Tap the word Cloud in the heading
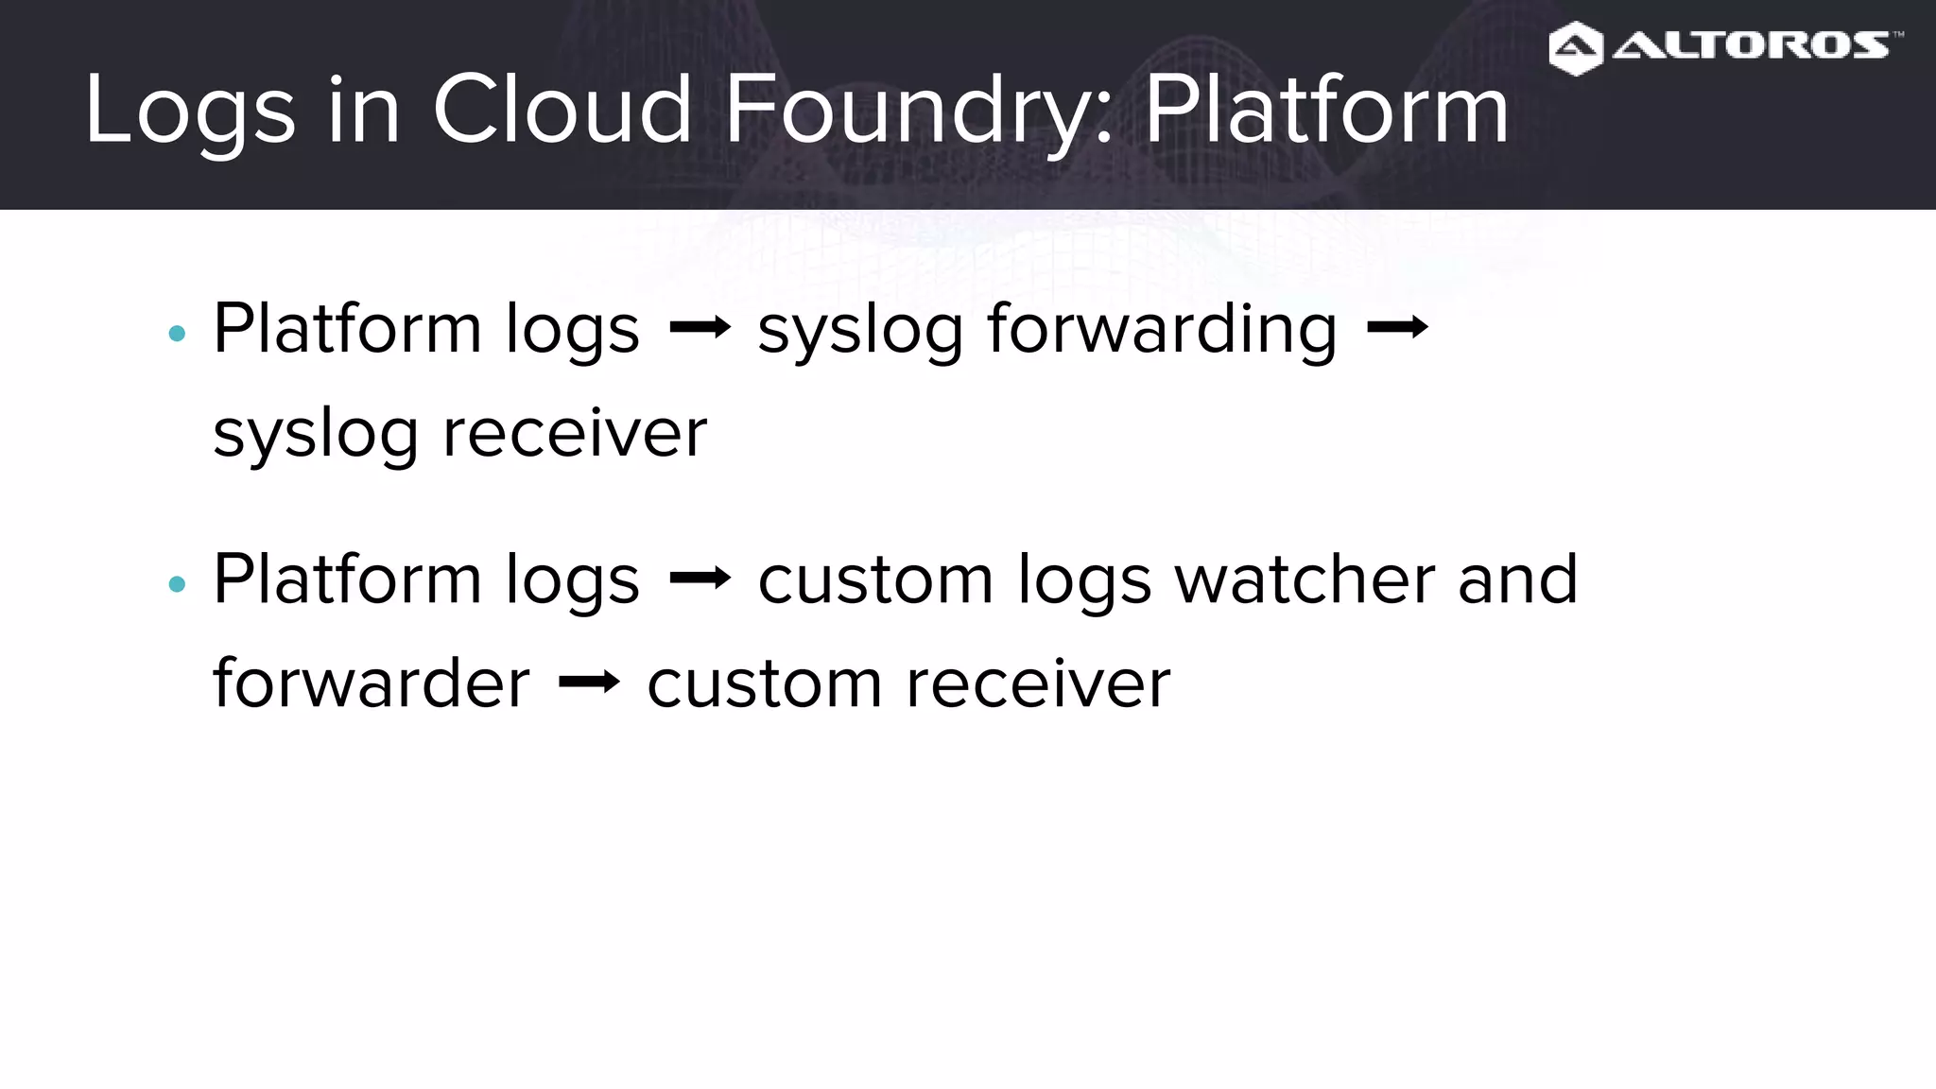[x=562, y=110]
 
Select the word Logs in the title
[x=189, y=112]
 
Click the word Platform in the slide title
[x=1325, y=110]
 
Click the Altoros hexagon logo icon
[x=1575, y=48]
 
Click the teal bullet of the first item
[x=177, y=334]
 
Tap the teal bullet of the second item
[x=177, y=584]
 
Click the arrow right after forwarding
[x=1397, y=328]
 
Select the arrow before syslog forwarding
[x=700, y=328]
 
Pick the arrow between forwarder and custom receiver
[x=589, y=682]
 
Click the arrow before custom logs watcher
[x=700, y=578]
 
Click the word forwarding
[x=1162, y=330]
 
